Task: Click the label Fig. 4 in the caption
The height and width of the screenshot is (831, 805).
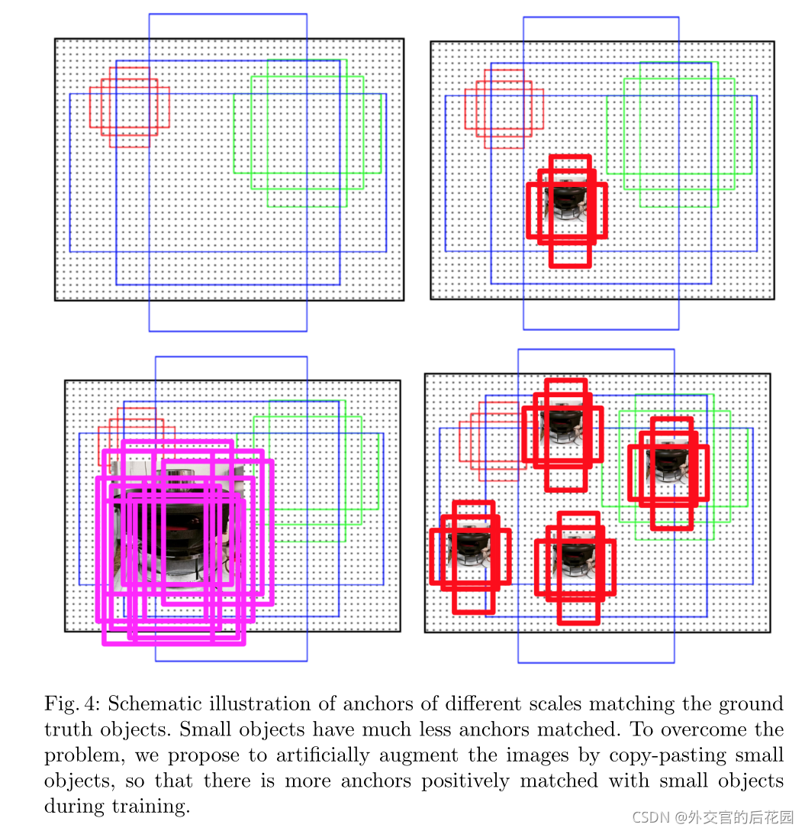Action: pos(72,704)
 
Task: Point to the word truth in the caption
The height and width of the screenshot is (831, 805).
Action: pos(66,729)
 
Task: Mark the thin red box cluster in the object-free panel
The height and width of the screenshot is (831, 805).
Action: pos(129,107)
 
